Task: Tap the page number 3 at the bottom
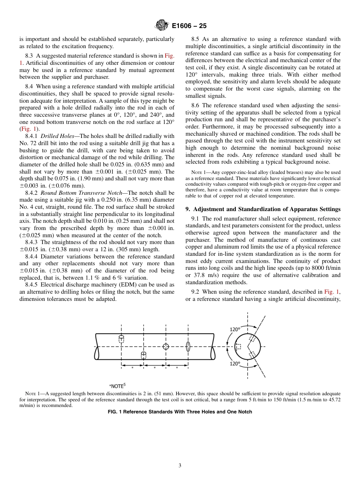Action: [180, 466]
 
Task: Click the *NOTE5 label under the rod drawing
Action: [117, 386]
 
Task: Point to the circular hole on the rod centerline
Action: [166, 346]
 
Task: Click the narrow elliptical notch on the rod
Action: [188, 346]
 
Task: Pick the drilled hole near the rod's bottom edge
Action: [144, 355]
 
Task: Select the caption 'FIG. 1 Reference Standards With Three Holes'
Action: [180, 412]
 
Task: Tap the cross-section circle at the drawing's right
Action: [247, 346]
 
